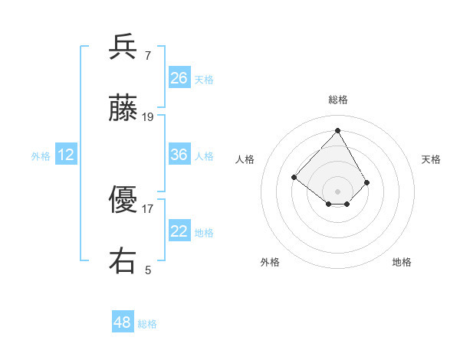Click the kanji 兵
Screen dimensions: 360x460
point(123,47)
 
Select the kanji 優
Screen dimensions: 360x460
point(123,200)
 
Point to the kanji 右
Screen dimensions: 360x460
point(123,261)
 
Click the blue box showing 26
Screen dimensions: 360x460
point(179,78)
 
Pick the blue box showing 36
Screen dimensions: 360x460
point(179,155)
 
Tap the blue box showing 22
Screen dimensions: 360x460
point(179,231)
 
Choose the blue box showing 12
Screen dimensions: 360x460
point(66,155)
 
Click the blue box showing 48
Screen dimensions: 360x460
point(123,322)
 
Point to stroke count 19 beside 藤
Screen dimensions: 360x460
point(148,116)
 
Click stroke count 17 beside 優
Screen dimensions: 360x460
point(148,208)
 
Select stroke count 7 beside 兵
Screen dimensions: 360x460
point(147,55)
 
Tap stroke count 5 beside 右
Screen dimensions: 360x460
point(148,270)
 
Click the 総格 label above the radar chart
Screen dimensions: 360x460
point(337,100)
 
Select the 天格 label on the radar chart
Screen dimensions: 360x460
point(431,159)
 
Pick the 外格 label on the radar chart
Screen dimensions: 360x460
point(270,263)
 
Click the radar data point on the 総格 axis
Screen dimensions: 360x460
point(337,130)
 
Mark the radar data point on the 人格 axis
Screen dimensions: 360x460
point(294,178)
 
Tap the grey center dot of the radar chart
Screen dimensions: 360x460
point(337,191)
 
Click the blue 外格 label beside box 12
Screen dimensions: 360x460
point(41,155)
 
